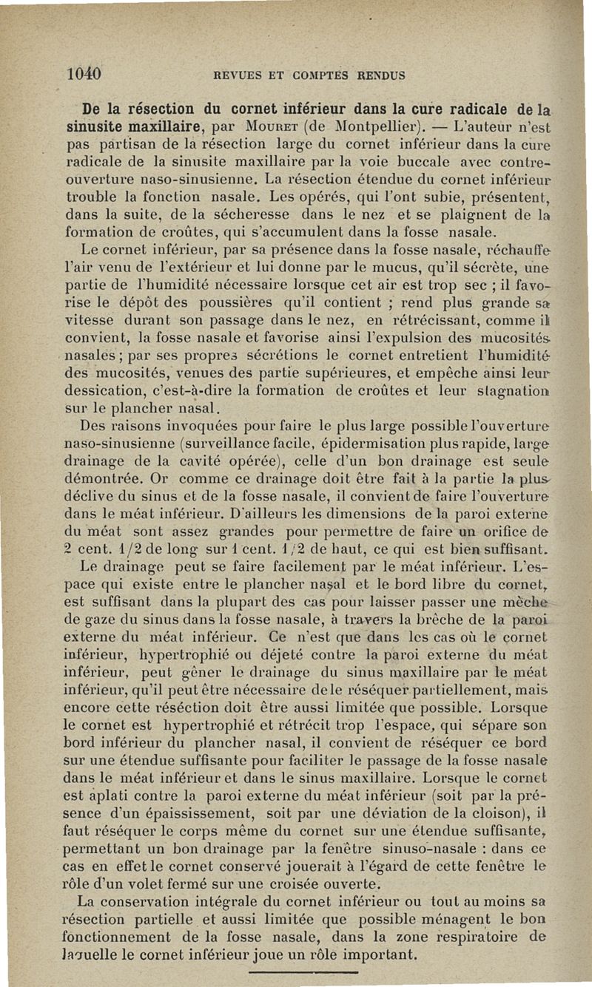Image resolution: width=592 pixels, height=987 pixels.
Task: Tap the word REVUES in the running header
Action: point(235,75)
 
